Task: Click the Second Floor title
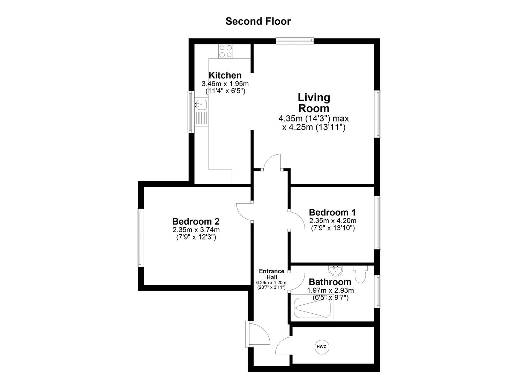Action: (x=258, y=21)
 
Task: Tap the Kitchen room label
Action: (x=225, y=75)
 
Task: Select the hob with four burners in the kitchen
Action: (x=226, y=51)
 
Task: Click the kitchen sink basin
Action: (x=201, y=103)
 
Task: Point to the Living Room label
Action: (x=314, y=102)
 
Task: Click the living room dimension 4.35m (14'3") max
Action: (x=313, y=118)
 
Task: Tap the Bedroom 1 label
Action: (x=332, y=212)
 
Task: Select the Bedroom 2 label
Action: (x=196, y=221)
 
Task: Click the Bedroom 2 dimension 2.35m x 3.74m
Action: (x=196, y=230)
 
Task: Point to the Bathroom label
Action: (x=330, y=282)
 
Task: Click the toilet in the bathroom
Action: (x=359, y=274)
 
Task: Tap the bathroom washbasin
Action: (x=336, y=270)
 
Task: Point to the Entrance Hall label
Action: (x=271, y=274)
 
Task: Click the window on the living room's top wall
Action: (x=295, y=41)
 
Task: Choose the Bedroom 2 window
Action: (x=140, y=238)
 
